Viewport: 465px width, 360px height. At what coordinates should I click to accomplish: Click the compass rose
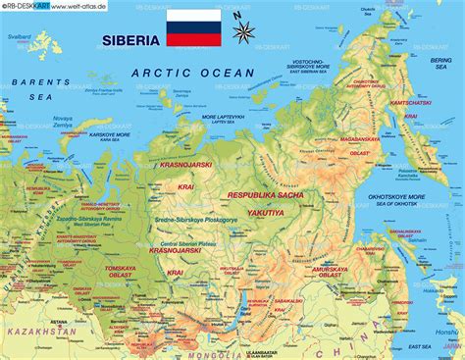coord(243,30)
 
